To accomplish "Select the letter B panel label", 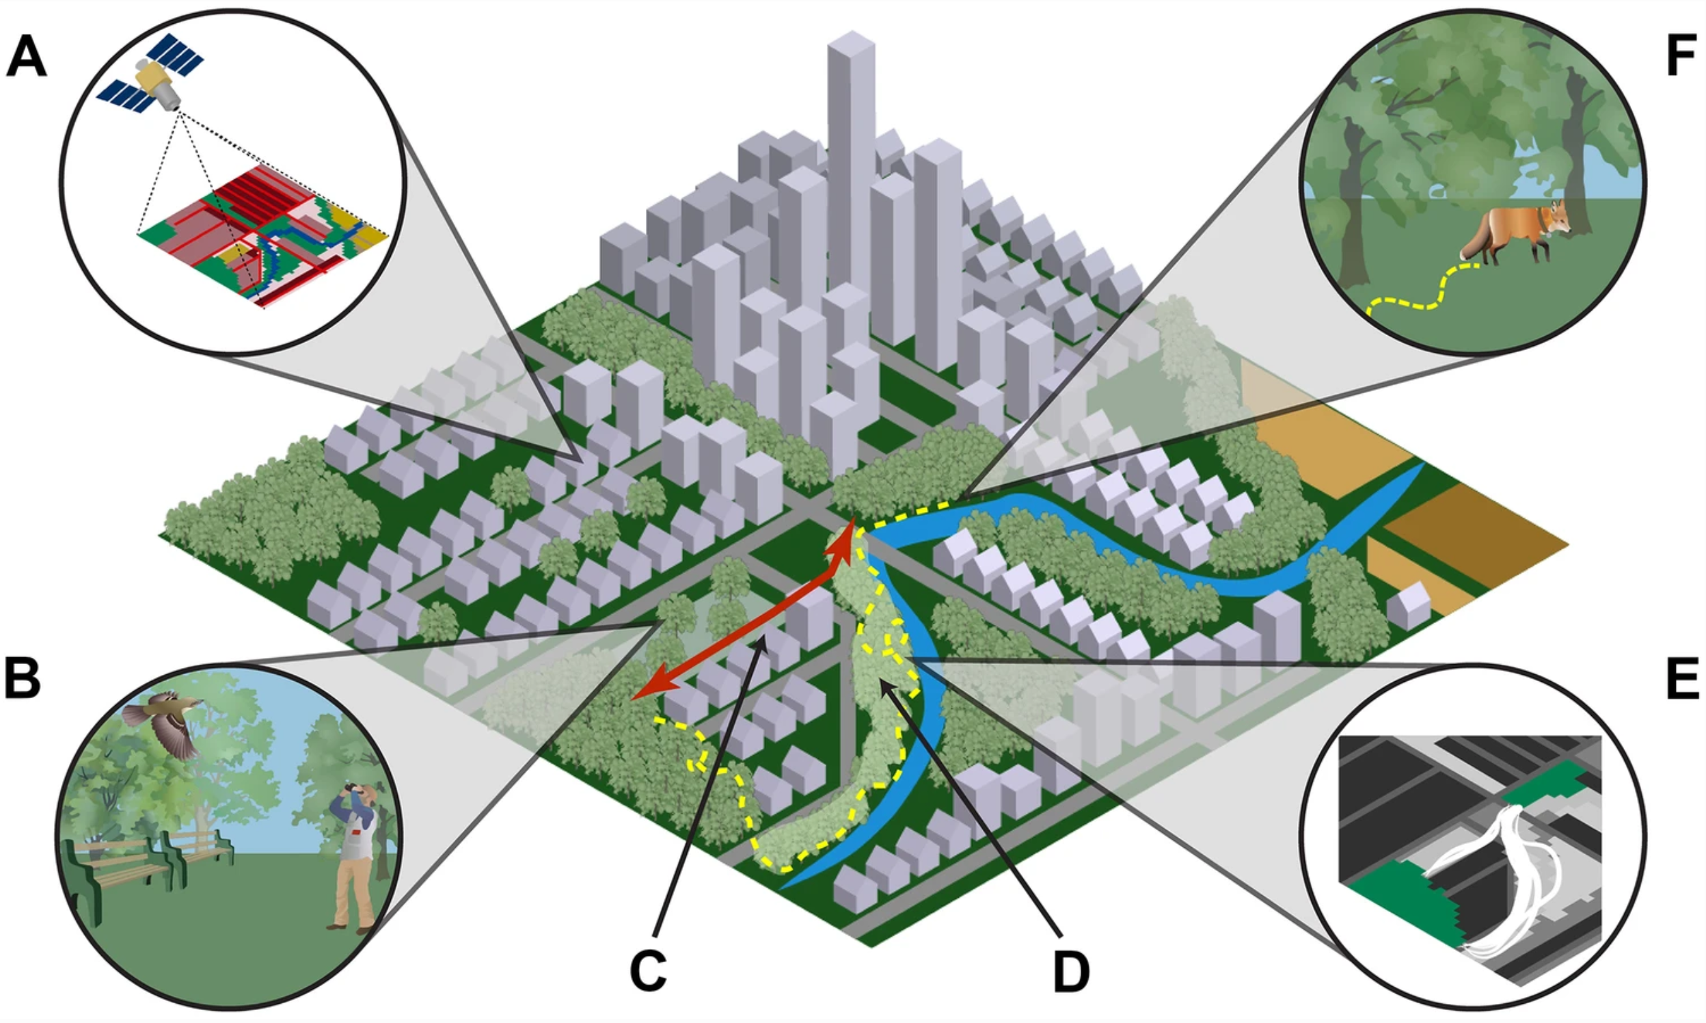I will pyautogui.click(x=23, y=678).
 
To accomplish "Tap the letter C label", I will pyautogui.click(x=648, y=971).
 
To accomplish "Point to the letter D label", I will pyautogui.click(x=1071, y=972).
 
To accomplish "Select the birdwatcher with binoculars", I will pyautogui.click(x=355, y=855).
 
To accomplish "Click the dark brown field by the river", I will pyautogui.click(x=1474, y=534).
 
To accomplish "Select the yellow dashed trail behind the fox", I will pyautogui.click(x=1420, y=293).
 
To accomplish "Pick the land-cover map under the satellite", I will pyautogui.click(x=262, y=235).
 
